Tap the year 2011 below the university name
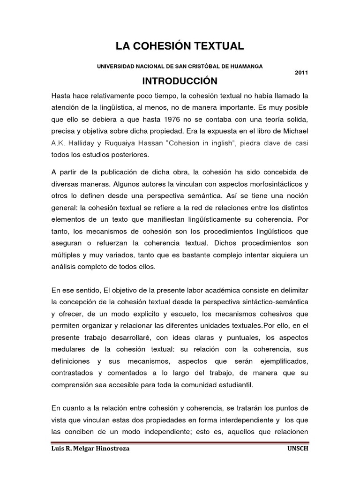click(301, 73)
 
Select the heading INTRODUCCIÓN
click(180, 81)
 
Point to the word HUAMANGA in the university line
click(246, 66)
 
